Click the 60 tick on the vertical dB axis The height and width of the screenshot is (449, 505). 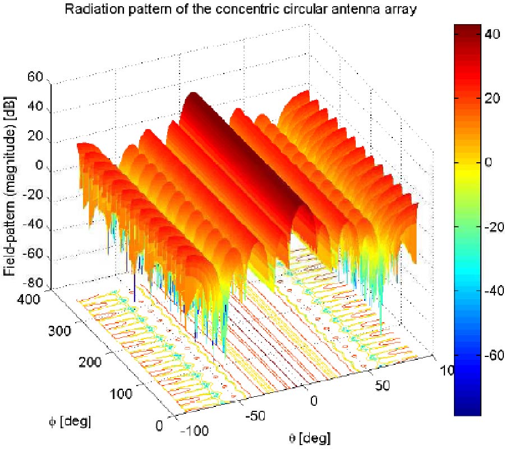click(35, 78)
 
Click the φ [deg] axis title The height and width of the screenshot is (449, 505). click(69, 420)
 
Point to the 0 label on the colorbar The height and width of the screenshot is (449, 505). click(488, 162)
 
